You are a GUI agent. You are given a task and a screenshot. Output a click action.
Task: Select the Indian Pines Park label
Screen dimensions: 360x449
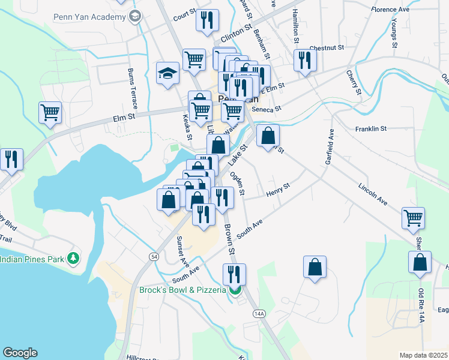tap(32, 259)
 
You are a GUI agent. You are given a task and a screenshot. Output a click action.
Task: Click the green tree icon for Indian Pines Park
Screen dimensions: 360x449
tap(73, 259)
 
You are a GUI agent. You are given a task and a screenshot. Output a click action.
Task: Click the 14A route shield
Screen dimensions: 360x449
tap(259, 313)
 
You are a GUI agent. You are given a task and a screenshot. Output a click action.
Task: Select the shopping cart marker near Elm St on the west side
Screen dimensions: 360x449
tap(50, 112)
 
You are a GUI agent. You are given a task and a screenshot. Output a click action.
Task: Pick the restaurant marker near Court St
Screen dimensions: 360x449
tap(205, 21)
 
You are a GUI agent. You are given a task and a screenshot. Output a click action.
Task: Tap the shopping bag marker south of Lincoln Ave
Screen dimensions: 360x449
tap(315, 268)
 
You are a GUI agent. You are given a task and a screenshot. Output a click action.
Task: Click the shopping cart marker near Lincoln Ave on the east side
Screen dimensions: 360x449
tap(413, 218)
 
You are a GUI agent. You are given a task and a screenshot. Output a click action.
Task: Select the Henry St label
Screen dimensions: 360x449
tap(277, 191)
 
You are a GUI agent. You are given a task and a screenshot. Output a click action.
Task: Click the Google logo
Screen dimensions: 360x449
tap(20, 353)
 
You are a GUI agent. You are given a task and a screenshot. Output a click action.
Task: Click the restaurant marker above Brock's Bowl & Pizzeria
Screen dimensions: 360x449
tap(234, 274)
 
